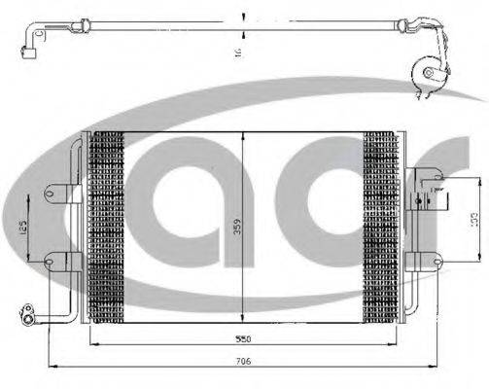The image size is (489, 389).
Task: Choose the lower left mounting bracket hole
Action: point(50,259)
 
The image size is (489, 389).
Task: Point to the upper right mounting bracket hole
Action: point(420,176)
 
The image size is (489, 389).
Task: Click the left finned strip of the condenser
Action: point(107,226)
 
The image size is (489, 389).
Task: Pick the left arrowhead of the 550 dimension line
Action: point(92,344)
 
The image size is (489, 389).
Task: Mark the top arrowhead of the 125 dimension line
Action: point(32,194)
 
